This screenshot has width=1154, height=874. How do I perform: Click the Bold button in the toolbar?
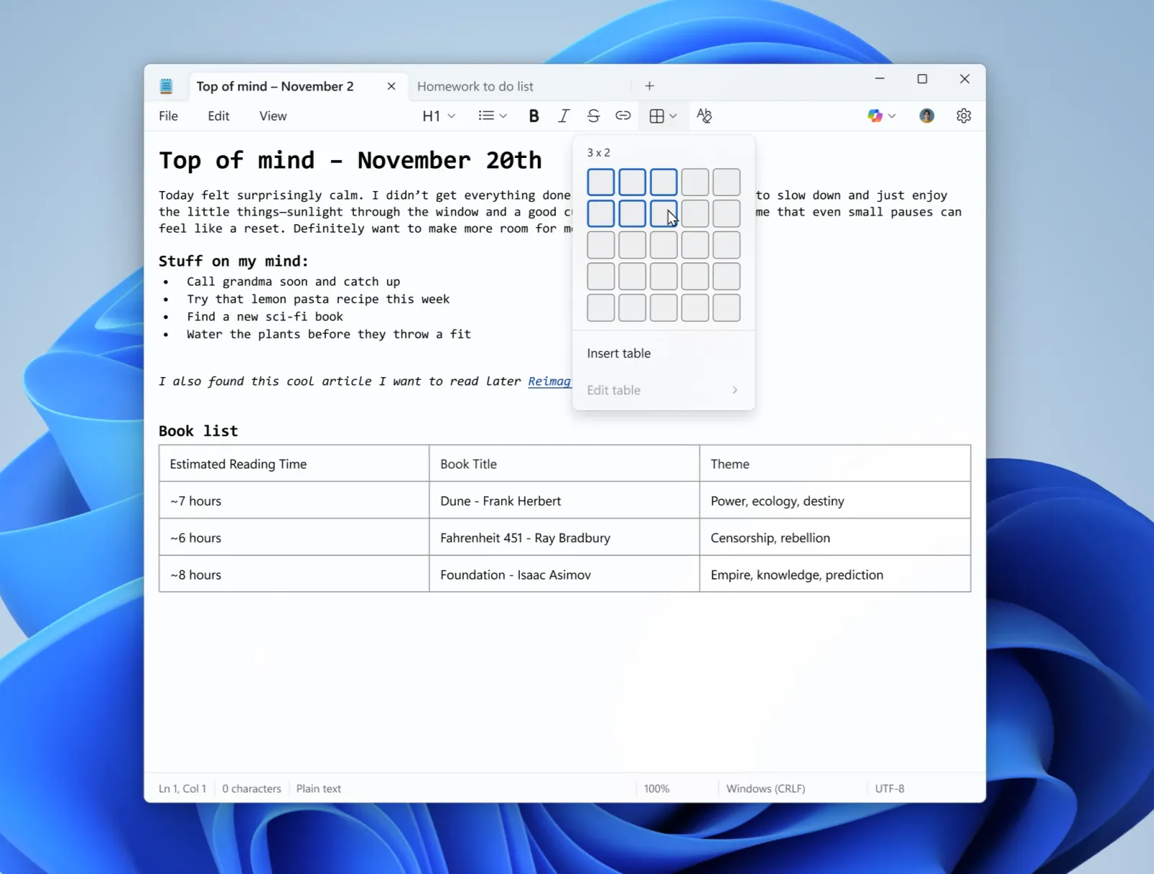tap(534, 116)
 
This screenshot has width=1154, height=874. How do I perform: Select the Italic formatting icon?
tap(564, 116)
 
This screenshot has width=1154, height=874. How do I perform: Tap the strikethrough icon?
tap(594, 116)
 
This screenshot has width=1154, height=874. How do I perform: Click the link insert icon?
tap(623, 116)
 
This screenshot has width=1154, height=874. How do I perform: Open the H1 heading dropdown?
tap(439, 116)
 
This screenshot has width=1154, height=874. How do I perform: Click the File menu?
tap(168, 116)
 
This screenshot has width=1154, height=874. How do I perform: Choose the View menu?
tap(273, 116)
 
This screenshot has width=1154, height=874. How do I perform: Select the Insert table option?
tap(619, 353)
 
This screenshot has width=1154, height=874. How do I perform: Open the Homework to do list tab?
tap(475, 87)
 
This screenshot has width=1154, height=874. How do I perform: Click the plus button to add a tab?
tap(649, 87)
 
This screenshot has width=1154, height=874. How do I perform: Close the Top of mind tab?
tap(391, 87)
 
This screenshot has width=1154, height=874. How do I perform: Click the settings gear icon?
tap(964, 116)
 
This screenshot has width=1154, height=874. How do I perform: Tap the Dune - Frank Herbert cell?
tap(501, 501)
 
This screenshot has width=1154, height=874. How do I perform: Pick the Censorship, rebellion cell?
tap(770, 538)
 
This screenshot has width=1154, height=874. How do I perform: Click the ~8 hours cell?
tap(196, 575)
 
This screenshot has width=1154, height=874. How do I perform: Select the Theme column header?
tap(730, 464)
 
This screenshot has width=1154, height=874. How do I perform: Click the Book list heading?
tap(198, 431)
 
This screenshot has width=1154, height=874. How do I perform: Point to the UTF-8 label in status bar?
tap(889, 789)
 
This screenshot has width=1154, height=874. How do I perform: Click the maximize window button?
tap(922, 79)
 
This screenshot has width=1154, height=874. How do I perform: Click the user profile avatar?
tap(927, 116)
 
